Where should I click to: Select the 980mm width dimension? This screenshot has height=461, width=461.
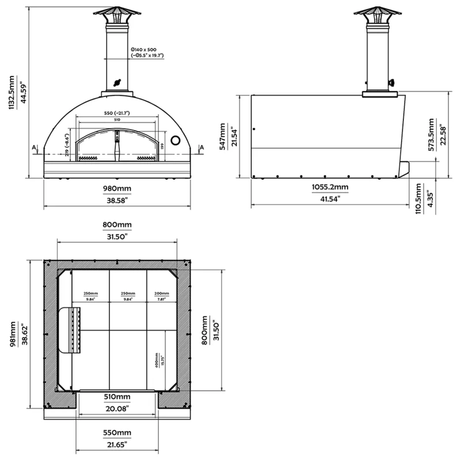[x=117, y=188]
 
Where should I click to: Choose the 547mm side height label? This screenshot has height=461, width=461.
[x=225, y=137]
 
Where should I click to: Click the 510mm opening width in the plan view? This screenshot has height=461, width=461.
[x=117, y=397]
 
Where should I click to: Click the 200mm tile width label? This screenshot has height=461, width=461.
[x=162, y=293]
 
